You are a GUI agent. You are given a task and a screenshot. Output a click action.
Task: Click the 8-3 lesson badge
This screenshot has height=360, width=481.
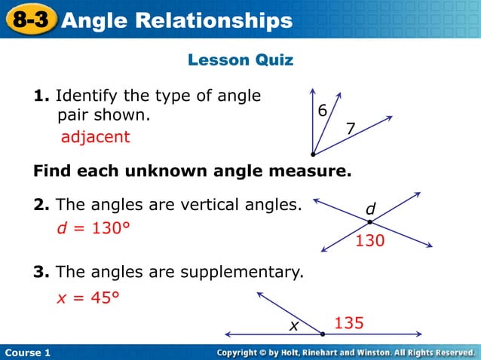pos(29,20)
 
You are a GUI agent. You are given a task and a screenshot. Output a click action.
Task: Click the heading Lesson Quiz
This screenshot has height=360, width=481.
pos(240,59)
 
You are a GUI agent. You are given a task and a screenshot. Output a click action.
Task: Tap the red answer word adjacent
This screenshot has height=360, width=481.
pos(95,137)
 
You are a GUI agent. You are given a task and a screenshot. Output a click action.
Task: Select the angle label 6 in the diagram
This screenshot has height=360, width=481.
pos(322,111)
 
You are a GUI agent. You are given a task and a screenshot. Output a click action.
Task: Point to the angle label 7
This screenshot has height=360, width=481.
pos(350,130)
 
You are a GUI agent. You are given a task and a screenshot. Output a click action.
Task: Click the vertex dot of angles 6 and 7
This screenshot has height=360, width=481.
pos(313,153)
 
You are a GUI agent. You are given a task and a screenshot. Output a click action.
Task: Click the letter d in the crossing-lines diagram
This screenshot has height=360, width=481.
pos(370,208)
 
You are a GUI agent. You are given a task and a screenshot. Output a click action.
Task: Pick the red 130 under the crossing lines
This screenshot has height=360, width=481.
pos(370,241)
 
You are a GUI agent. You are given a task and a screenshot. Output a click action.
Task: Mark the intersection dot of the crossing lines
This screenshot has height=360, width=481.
pos(370,222)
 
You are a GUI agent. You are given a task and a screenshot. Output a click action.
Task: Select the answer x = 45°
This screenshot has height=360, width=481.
pos(88,298)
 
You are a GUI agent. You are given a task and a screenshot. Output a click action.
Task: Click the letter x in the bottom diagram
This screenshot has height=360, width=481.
pos(295,325)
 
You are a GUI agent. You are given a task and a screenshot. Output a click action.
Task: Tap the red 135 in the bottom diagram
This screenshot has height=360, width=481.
pos(349,323)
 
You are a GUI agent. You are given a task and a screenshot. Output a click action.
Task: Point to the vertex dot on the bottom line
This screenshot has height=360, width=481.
pos(322,334)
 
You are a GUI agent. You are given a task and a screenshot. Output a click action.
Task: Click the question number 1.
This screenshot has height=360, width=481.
pos(41,96)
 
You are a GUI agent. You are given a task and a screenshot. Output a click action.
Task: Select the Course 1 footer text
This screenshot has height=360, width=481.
pos(26,352)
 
